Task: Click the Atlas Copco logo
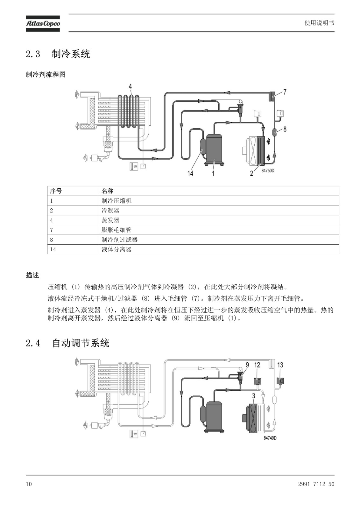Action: pyautogui.click(x=43, y=24)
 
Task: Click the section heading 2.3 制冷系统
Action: pyautogui.click(x=58, y=54)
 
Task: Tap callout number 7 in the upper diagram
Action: pyautogui.click(x=285, y=92)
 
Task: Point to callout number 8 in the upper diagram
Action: pyautogui.click(x=285, y=129)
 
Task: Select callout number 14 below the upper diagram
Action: pyautogui.click(x=190, y=173)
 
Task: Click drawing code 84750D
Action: pyautogui.click(x=268, y=171)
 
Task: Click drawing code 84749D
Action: pyautogui.click(x=270, y=438)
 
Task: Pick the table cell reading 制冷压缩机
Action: pyautogui.click(x=116, y=201)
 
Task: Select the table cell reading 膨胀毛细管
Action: pyautogui.click(x=116, y=230)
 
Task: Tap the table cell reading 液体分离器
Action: pyautogui.click(x=116, y=249)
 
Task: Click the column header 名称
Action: pyautogui.click(x=107, y=191)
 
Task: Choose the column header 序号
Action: pyautogui.click(x=56, y=191)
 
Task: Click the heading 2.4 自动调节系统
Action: pyautogui.click(x=67, y=343)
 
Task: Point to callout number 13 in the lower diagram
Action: pyautogui.click(x=280, y=365)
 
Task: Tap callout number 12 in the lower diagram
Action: pyautogui.click(x=257, y=365)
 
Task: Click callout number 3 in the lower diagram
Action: pyautogui.click(x=253, y=396)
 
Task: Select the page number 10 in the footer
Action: pyautogui.click(x=29, y=484)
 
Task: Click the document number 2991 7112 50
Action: pyautogui.click(x=316, y=484)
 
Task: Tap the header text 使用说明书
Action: pyautogui.click(x=319, y=23)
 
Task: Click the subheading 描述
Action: pyautogui.click(x=32, y=275)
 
